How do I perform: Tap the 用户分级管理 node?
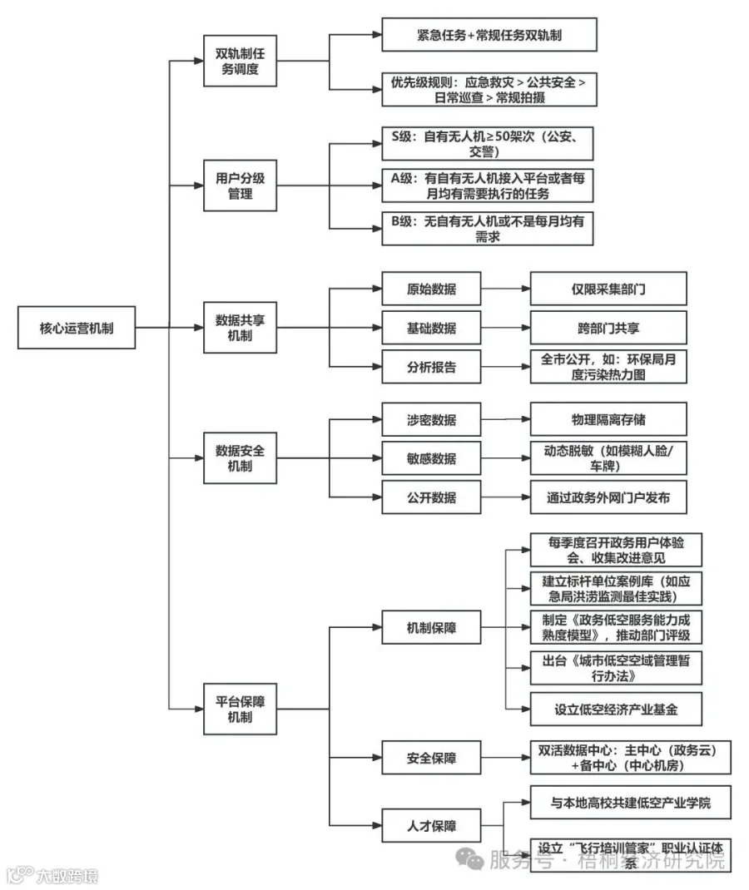[x=240, y=186]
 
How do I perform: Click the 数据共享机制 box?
[x=240, y=328]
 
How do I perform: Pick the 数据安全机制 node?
[x=240, y=458]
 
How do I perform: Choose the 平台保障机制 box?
[x=240, y=709]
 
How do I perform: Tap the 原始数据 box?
[x=431, y=289]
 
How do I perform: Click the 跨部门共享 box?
[x=608, y=328]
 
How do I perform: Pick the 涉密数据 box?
[x=431, y=420]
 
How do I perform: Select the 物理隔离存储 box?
[x=608, y=420]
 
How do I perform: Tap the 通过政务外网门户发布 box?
[x=608, y=498]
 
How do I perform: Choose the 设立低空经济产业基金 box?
[x=616, y=710]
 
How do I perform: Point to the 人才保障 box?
[x=431, y=827]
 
